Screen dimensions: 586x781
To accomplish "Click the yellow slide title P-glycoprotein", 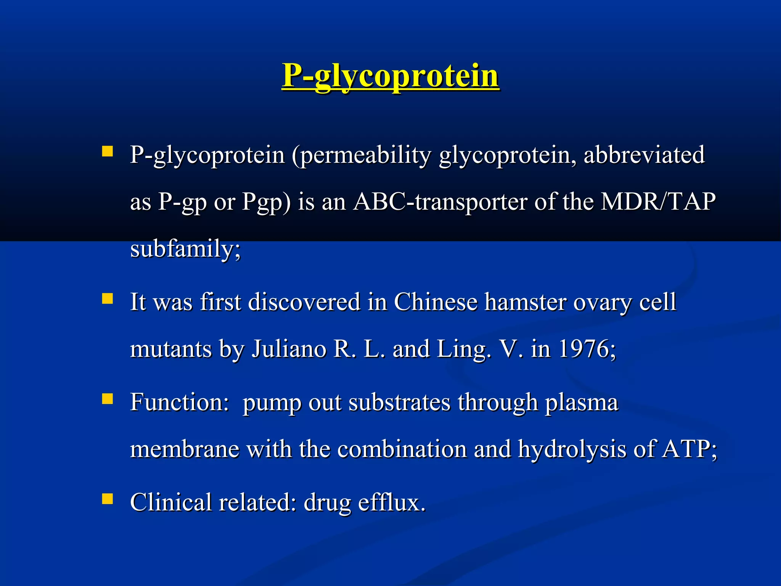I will click(x=390, y=76).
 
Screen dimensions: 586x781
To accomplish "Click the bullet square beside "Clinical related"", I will click(x=108, y=499).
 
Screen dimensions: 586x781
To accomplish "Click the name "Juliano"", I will click(x=289, y=349).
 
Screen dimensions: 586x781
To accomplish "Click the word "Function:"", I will click(x=179, y=402).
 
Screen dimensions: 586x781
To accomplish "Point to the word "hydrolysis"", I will click(x=572, y=449).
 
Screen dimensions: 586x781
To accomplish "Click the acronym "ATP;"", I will click(x=689, y=449).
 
